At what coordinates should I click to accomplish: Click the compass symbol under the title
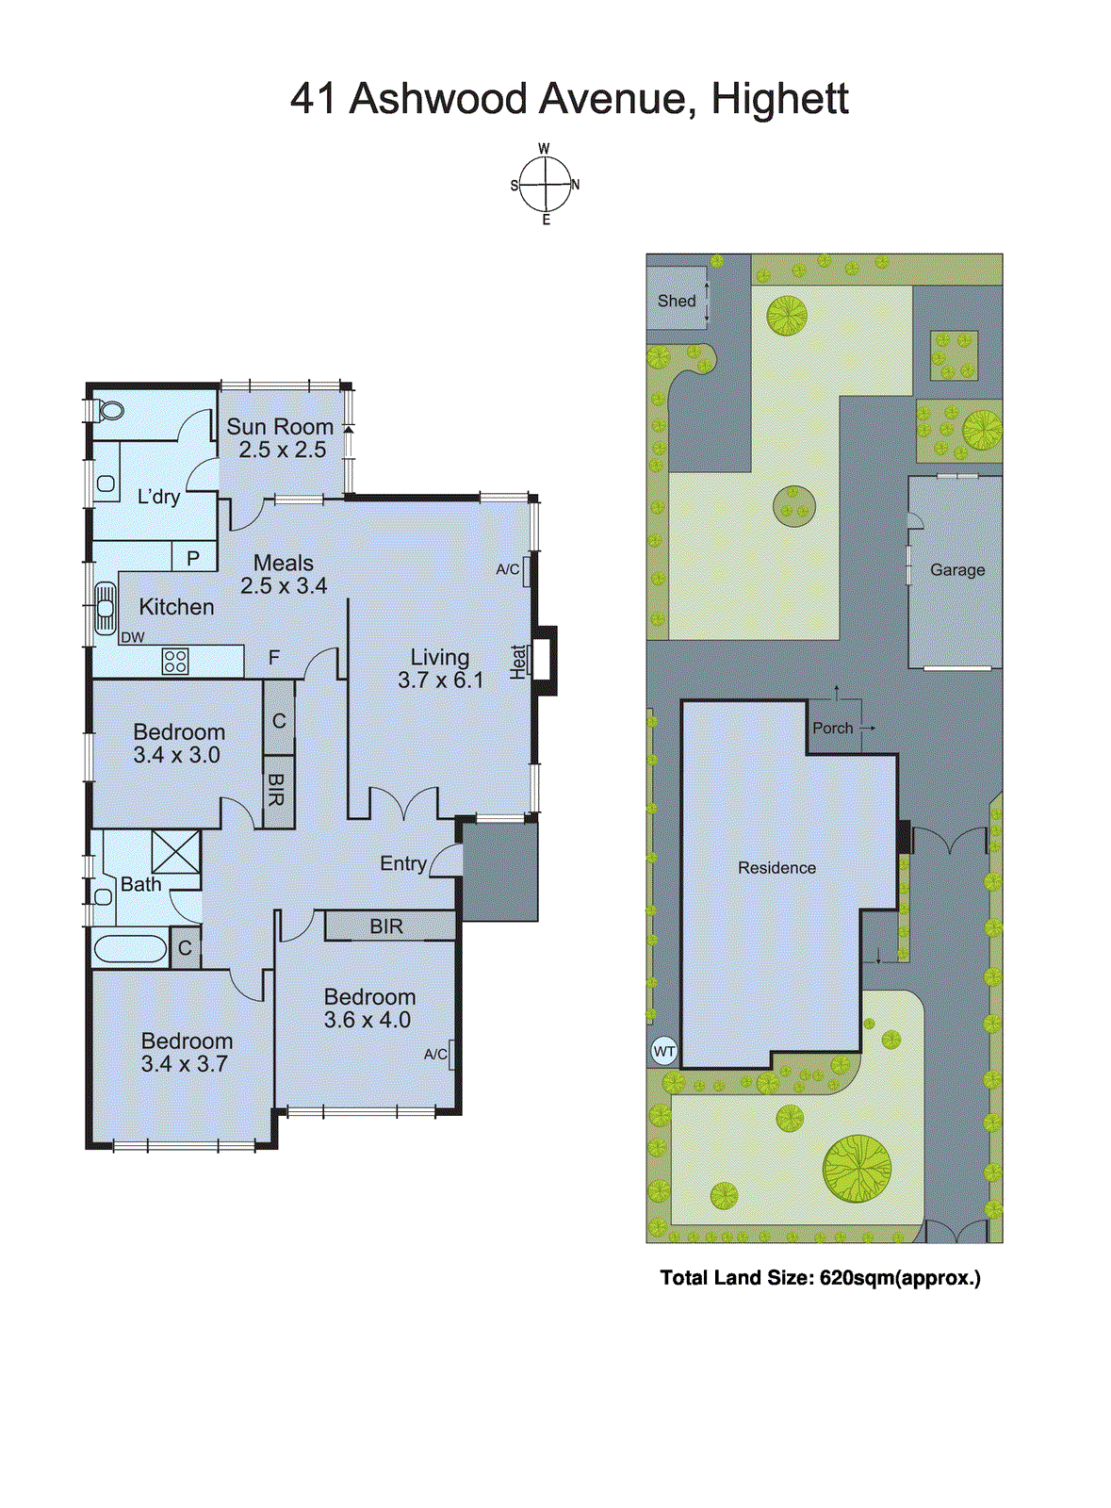click(x=546, y=185)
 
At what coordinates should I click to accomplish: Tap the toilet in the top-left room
click(x=110, y=411)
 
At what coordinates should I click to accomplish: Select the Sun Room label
click(x=280, y=427)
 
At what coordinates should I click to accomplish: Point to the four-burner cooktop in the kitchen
click(x=174, y=661)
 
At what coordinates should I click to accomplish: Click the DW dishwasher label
click(x=133, y=637)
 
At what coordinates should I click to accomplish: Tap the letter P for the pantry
click(x=193, y=557)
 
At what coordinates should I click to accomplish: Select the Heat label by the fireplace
click(x=518, y=661)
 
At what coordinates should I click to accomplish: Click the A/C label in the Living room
click(x=507, y=568)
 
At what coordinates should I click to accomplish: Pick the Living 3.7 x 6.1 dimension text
click(x=440, y=680)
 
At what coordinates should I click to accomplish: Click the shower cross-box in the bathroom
click(x=175, y=852)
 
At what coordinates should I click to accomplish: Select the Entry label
click(x=403, y=863)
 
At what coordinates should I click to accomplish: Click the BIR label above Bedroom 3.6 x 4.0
click(x=386, y=926)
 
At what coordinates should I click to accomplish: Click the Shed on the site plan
click(x=676, y=301)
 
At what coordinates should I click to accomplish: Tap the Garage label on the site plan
click(x=957, y=569)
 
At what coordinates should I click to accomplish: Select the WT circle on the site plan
click(x=664, y=1051)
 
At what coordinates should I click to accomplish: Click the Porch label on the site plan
click(x=832, y=728)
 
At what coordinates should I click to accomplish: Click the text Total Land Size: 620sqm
click(x=820, y=1278)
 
